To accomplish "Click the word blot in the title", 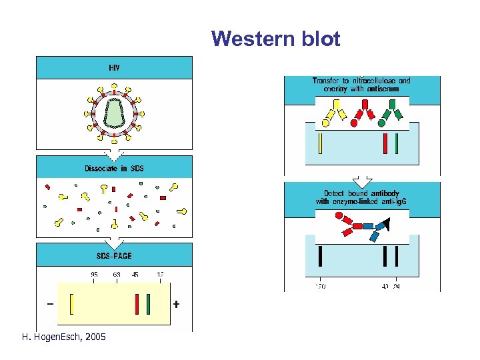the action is pos(321,39).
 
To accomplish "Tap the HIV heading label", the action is pos(114,67).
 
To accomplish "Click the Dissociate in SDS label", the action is pos(114,168).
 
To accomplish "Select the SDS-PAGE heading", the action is pos(114,255).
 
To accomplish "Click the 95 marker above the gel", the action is pos(94,274).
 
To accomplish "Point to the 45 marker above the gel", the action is pos(135,274).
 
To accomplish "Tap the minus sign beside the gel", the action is pos(51,304).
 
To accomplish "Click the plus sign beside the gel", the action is pos(176,304).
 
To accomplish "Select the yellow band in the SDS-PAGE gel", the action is pos(71,303).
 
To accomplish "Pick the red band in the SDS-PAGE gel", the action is pos(137,303).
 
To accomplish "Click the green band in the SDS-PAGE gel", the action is pos(148,303).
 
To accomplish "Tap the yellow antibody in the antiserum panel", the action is pos(334,111).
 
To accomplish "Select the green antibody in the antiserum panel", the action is pos(392,111).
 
